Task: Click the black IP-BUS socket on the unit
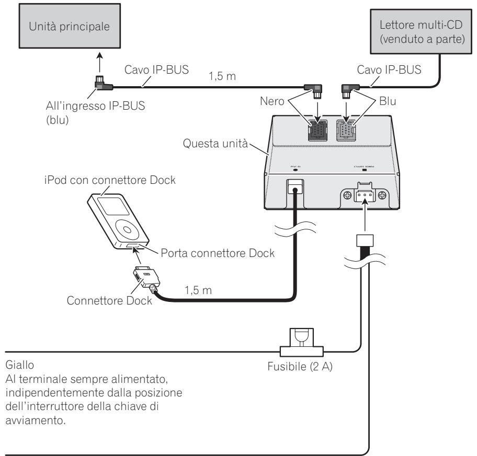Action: point(317,128)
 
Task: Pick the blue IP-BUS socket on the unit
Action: point(347,128)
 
